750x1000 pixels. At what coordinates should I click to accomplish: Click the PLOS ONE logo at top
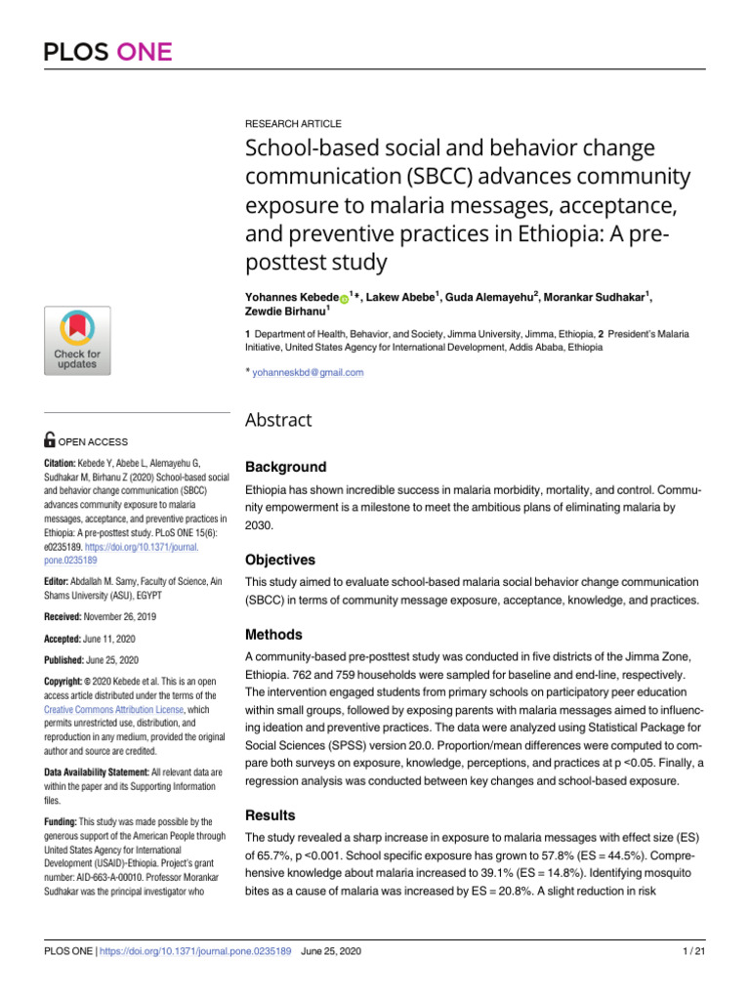tap(107, 52)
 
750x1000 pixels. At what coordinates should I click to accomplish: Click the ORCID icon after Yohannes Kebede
tap(344, 298)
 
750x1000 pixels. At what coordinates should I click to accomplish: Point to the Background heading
tap(285, 467)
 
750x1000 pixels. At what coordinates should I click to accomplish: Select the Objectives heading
tap(279, 561)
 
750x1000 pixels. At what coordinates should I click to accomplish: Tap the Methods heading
tap(273, 635)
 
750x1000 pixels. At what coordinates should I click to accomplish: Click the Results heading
tap(270, 814)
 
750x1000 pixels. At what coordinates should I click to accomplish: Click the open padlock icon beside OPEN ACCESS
tap(52, 441)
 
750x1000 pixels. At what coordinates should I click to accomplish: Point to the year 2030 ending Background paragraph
tap(259, 524)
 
